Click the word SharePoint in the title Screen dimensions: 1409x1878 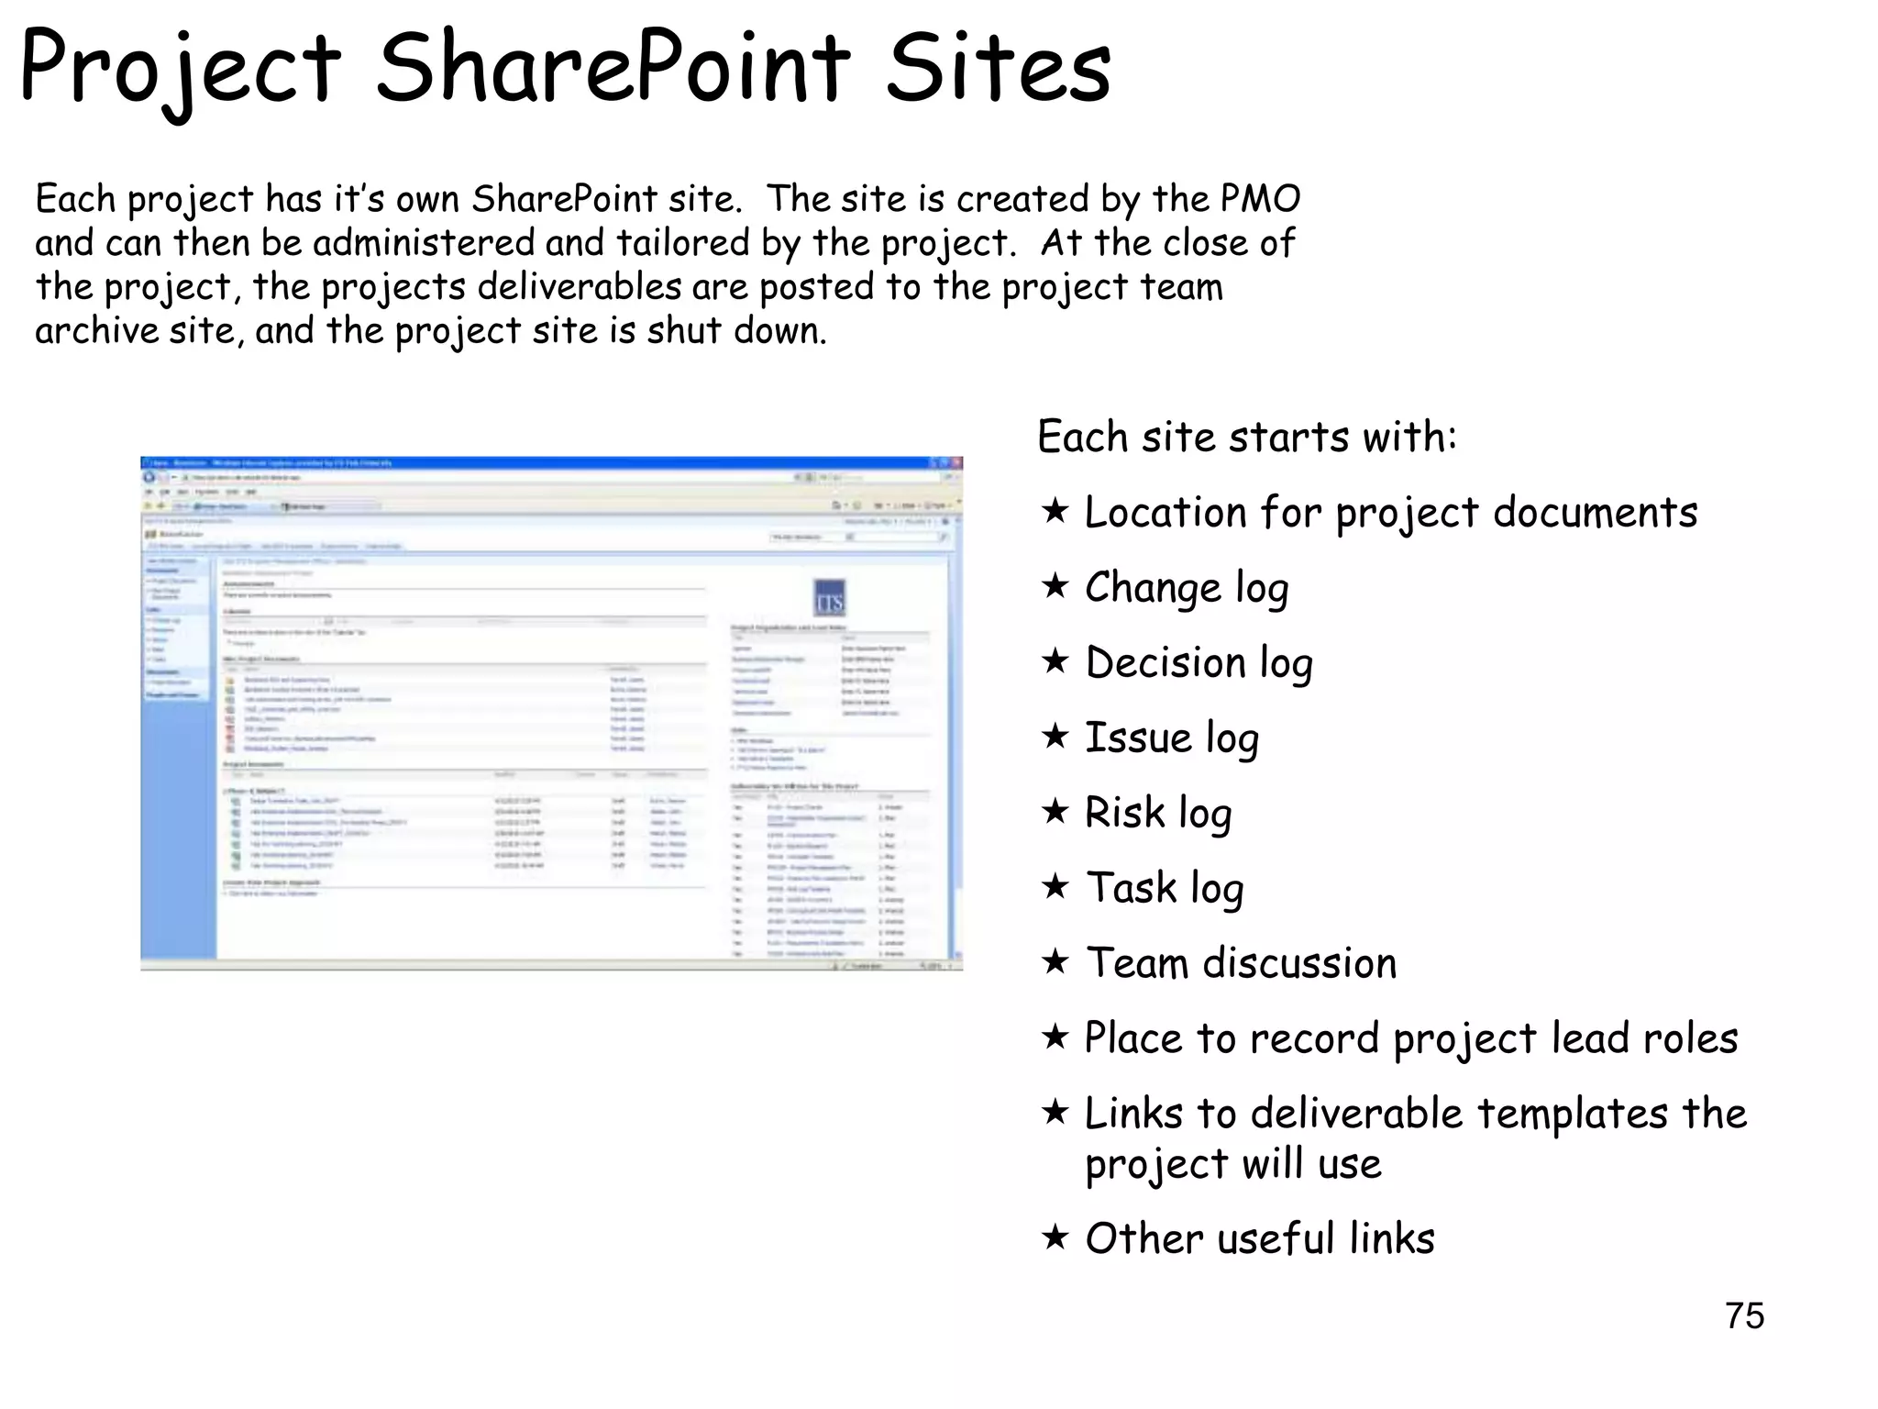point(613,68)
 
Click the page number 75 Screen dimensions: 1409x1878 point(1744,1315)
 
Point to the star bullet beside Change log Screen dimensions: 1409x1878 point(1055,585)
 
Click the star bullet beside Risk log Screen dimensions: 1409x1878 point(1055,811)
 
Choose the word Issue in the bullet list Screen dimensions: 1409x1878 point(1137,738)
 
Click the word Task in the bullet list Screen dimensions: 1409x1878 point(1131,887)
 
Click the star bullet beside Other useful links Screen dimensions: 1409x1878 point(1055,1237)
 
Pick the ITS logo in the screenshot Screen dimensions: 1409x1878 point(829,598)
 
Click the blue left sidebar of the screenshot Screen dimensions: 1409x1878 point(178,780)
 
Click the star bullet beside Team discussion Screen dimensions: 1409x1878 point(1055,961)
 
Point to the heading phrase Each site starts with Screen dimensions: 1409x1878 point(1246,437)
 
